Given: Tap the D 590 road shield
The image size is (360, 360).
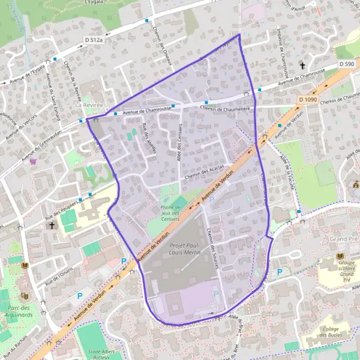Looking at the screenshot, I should (346, 64).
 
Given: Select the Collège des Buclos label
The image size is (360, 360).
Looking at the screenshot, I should (336, 331).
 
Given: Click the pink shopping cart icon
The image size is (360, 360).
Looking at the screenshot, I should (34, 161).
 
